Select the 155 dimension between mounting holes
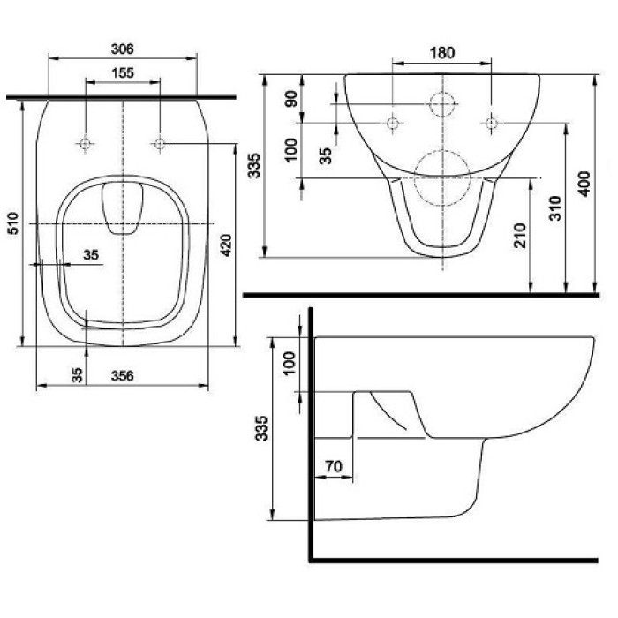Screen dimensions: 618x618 pyautogui.click(x=123, y=73)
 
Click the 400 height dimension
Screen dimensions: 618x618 pyautogui.click(x=583, y=185)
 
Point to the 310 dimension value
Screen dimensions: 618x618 pyautogui.click(x=554, y=207)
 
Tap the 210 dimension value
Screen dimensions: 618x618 pyautogui.click(x=520, y=234)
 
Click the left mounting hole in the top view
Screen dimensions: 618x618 pyautogui.click(x=85, y=143)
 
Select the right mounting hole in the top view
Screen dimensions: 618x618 pyautogui.click(x=160, y=143)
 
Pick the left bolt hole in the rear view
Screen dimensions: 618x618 pyautogui.click(x=392, y=122)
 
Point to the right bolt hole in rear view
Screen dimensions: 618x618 pyautogui.click(x=490, y=122)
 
